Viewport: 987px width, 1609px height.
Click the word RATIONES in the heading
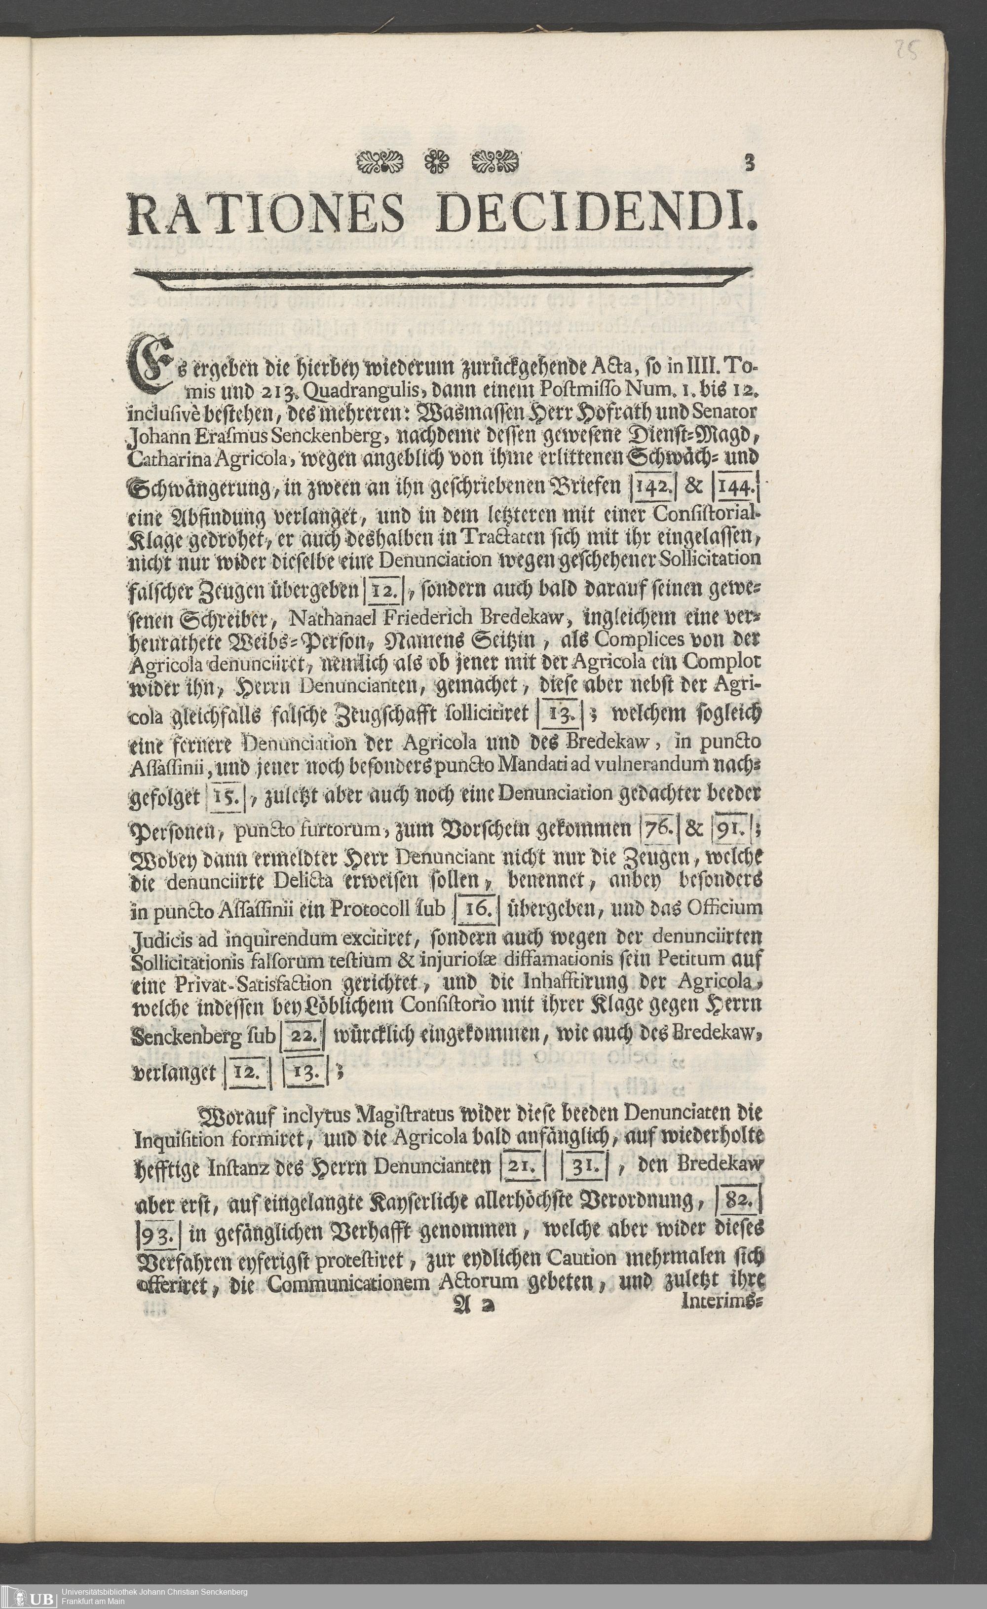[266, 214]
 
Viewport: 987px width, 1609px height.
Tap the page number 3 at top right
[749, 163]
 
